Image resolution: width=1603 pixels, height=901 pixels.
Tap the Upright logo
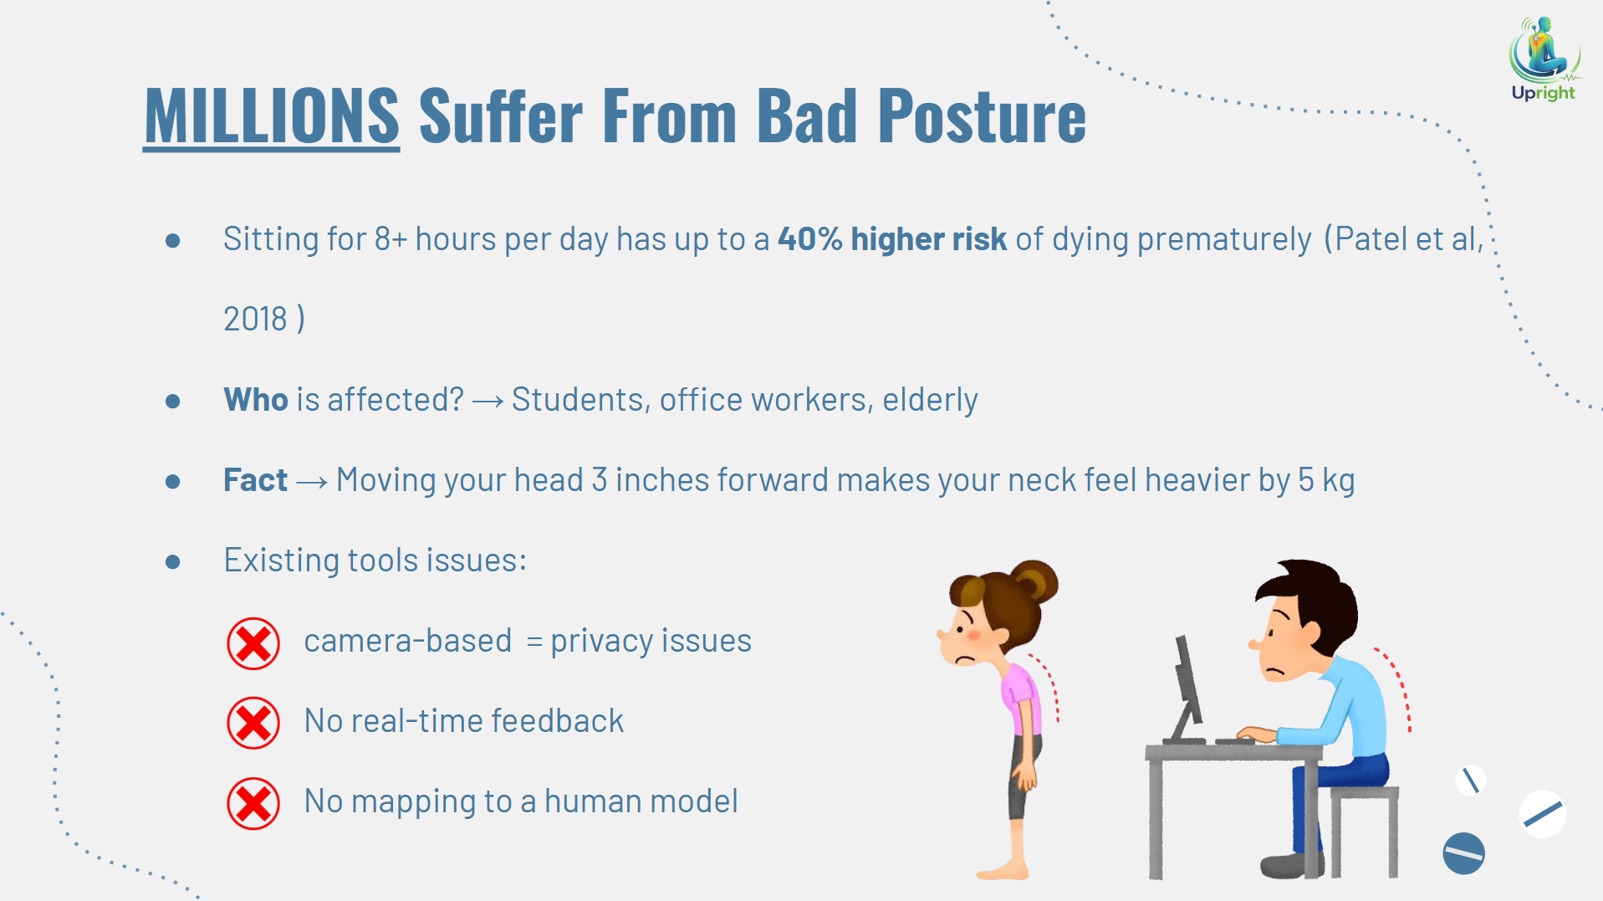[x=1544, y=59]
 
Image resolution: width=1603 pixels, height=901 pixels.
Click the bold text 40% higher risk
[x=892, y=239]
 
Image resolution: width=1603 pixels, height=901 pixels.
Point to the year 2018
[x=255, y=319]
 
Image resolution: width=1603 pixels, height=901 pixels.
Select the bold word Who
[x=256, y=400]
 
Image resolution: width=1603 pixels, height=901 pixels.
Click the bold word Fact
[x=255, y=480]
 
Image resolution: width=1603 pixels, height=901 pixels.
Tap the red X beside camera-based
[x=253, y=643]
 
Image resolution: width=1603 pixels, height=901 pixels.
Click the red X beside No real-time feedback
[x=253, y=723]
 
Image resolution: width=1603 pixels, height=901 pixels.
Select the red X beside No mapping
[x=253, y=803]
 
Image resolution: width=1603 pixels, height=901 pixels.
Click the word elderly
[x=930, y=400]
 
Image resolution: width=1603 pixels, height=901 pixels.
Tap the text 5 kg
[x=1326, y=480]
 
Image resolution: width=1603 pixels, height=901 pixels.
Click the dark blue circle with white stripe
[x=1463, y=853]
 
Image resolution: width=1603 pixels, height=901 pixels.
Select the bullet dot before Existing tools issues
[x=173, y=561]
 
